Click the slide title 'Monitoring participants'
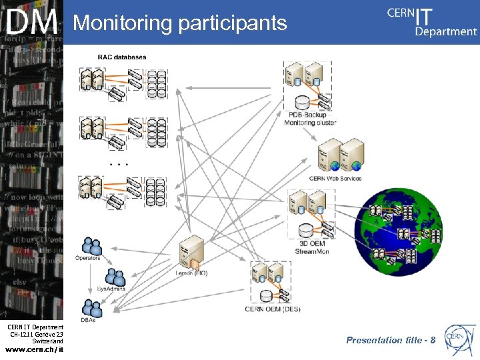tap(180, 23)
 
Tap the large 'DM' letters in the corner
tap(31, 23)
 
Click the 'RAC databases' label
tap(122, 57)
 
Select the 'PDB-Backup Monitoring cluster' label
tap(310, 119)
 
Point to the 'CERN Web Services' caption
tap(335, 179)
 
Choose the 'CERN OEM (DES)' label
tap(273, 309)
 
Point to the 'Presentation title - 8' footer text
tap(391, 340)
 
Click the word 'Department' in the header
tap(445, 31)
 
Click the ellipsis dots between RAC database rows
tap(119, 163)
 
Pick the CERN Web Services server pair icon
tap(340, 155)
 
